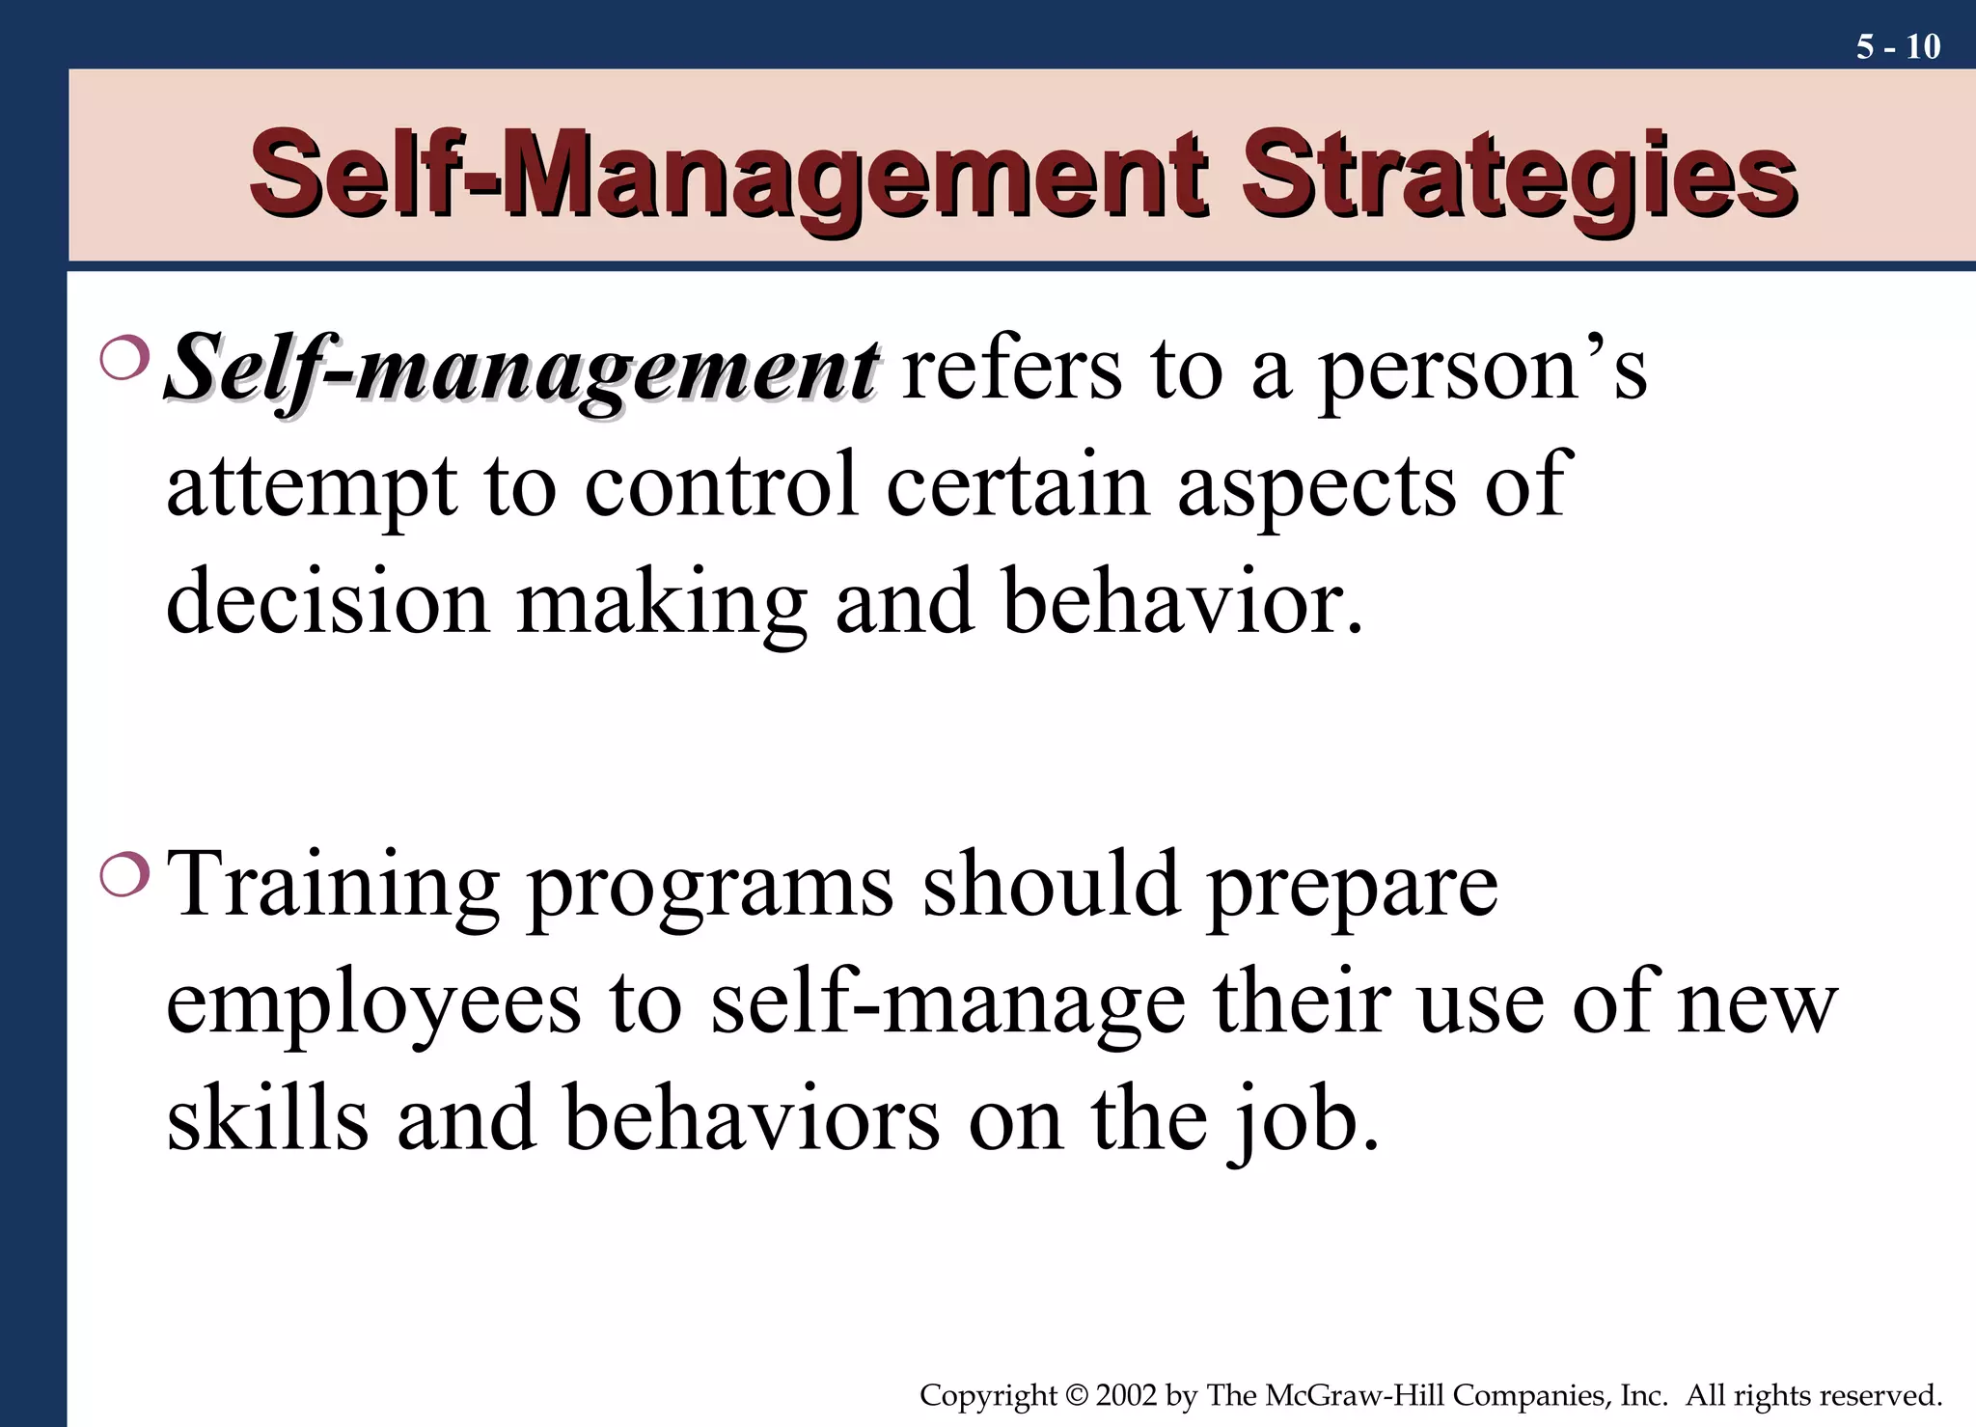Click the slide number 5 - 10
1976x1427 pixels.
1897,46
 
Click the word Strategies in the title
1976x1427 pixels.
1519,176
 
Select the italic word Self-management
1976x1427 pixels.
522,370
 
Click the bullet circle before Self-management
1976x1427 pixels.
124,359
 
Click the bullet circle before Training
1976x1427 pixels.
124,875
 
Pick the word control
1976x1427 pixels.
721,485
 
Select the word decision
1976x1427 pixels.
328,602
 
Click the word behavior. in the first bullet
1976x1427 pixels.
1183,602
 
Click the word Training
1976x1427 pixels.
333,886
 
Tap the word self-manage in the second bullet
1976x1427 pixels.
947,1003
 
